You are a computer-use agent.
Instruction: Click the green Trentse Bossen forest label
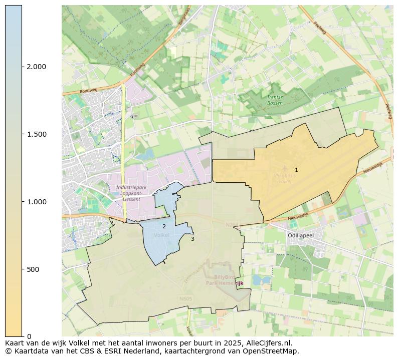point(275,100)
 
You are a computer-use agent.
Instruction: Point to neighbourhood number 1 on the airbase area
point(296,170)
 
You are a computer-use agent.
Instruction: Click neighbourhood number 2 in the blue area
point(164,227)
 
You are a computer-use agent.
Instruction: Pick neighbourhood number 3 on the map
point(192,239)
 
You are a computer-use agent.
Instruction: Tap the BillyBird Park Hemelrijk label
point(225,280)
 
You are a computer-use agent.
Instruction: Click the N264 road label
point(232,225)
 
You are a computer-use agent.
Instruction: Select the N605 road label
point(185,299)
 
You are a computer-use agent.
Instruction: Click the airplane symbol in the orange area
point(285,168)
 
